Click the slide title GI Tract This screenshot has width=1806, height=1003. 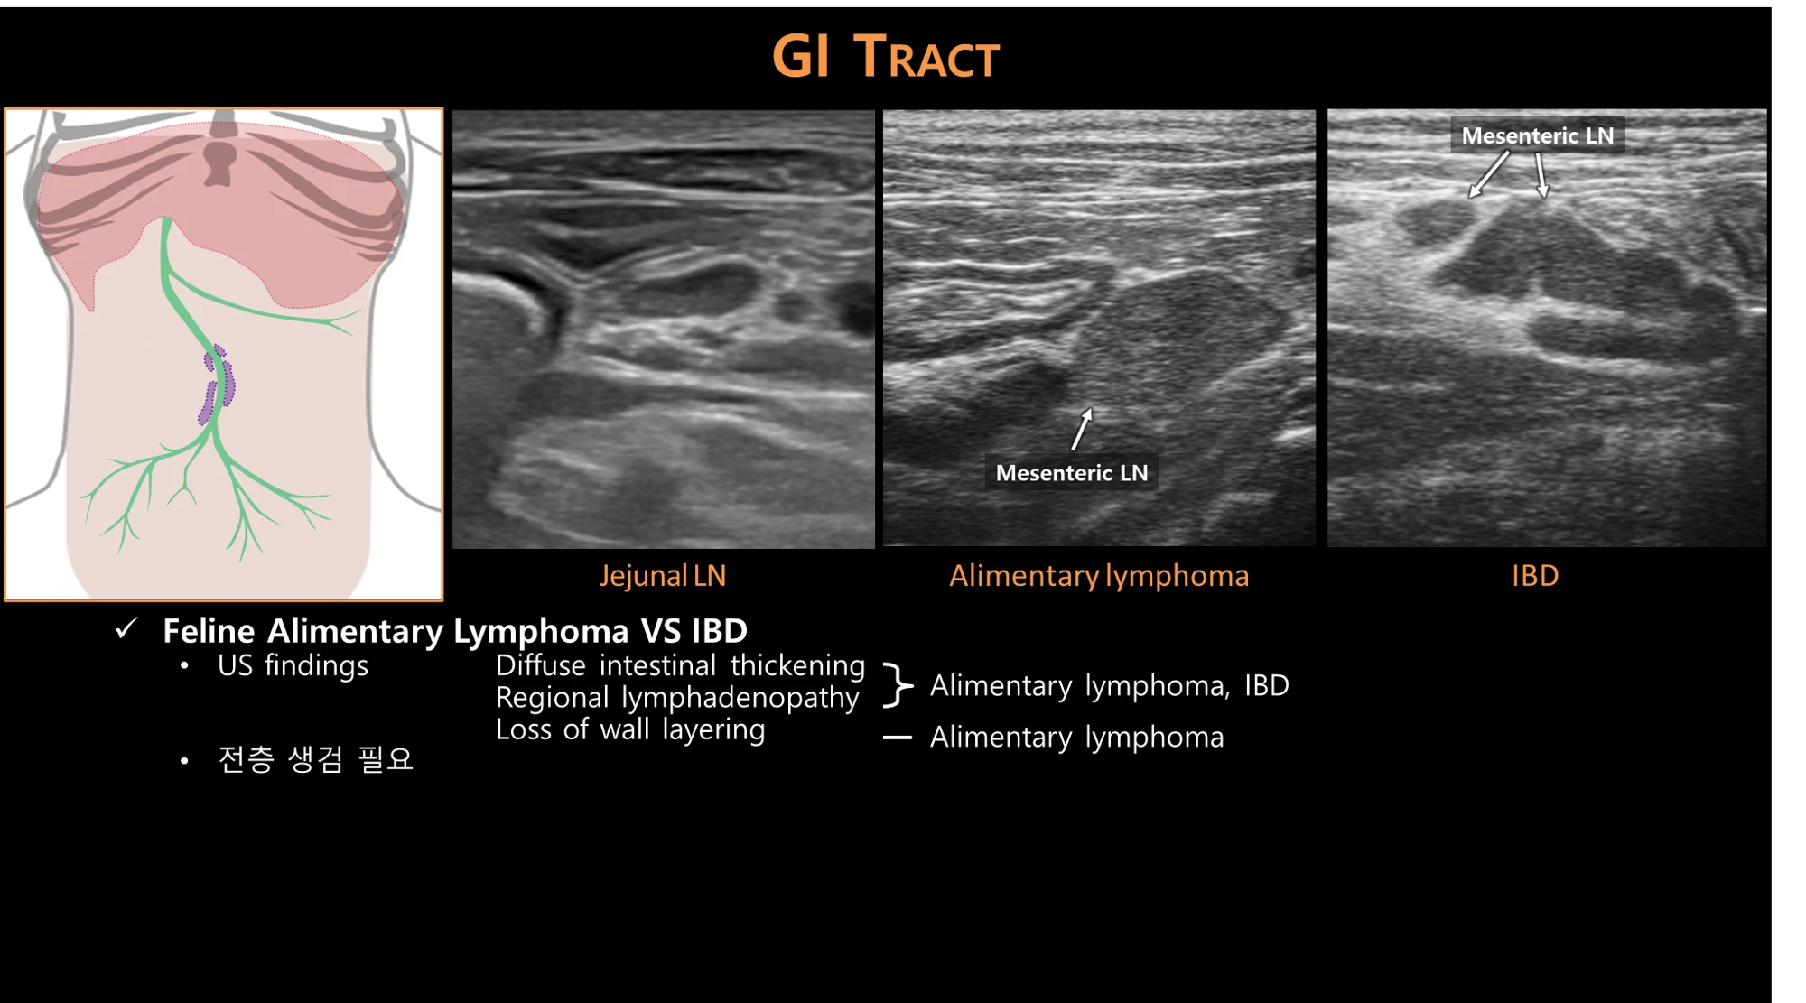(886, 56)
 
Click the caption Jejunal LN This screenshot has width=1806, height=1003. (663, 576)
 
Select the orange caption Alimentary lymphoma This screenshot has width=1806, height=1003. (1099, 576)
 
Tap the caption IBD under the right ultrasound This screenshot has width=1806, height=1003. (1535, 576)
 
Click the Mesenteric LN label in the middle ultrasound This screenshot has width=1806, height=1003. (1072, 472)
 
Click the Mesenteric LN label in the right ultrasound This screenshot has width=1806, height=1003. (1538, 135)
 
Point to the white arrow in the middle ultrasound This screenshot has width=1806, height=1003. (1082, 429)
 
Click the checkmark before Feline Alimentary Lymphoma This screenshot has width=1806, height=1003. (126, 628)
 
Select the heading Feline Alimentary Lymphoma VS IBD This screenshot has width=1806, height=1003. (455, 630)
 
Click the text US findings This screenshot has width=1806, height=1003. (293, 665)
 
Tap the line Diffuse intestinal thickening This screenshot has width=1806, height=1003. (681, 665)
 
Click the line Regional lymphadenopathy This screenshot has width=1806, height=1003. (677, 698)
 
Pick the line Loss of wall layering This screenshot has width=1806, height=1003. (630, 729)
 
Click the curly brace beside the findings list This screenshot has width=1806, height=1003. (898, 685)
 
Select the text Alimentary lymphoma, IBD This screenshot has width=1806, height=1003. (1110, 686)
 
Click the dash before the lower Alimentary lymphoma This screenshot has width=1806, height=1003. (897, 738)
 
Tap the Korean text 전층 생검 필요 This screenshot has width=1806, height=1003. (315, 759)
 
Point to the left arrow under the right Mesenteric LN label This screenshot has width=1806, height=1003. (1488, 174)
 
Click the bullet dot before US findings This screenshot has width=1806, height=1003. (184, 667)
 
